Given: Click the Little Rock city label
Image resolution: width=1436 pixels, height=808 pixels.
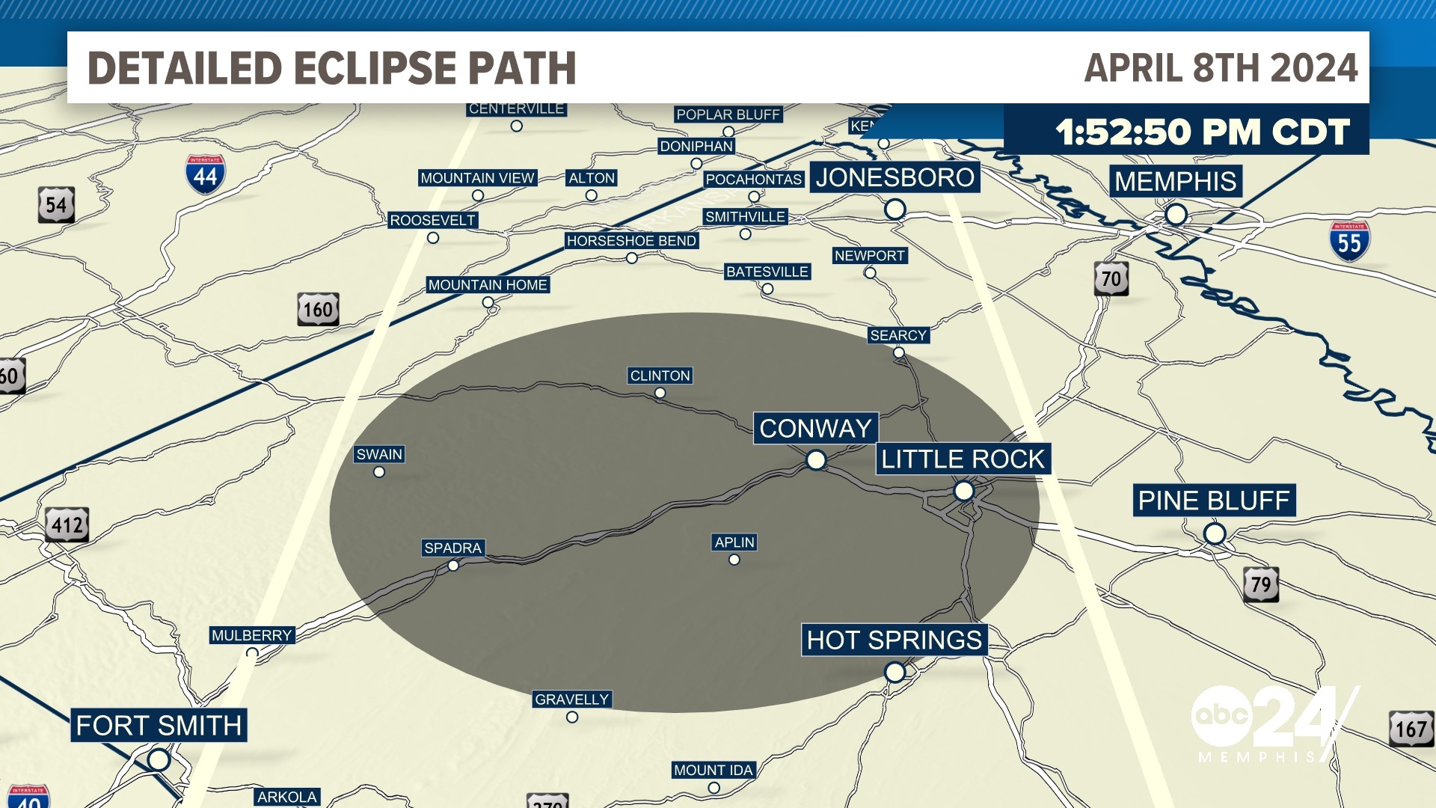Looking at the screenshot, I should pos(963,459).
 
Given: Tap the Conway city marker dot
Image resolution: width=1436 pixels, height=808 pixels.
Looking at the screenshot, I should pos(816,459).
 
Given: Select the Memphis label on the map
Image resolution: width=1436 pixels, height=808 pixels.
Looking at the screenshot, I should pos(1176,181).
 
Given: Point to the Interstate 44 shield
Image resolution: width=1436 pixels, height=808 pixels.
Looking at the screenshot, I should pos(205,175).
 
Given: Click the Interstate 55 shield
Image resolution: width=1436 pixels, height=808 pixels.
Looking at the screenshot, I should pos(1349,241).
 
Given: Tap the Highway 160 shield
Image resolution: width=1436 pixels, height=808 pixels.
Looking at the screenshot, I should pos(318,309).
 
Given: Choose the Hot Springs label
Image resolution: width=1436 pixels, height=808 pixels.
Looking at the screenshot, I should pos(895,640).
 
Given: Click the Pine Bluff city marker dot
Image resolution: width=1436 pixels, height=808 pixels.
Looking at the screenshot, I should pos(1215,534).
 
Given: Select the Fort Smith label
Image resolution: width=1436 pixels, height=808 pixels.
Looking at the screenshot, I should pos(159,726).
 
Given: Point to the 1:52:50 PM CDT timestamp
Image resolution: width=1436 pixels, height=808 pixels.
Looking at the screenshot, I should pos(1203,132).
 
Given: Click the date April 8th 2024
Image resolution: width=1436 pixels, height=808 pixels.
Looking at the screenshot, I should pos(1221,68).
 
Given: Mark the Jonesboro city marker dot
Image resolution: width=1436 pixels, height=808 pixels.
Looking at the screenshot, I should pos(895,209).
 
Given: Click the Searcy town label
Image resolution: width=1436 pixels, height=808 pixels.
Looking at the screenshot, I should pos(898,335).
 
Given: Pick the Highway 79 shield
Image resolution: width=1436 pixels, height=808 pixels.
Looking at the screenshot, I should pos(1261,584).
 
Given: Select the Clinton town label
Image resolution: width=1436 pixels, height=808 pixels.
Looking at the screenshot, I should pos(660,376).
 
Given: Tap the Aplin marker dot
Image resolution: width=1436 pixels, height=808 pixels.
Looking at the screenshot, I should pos(734,560).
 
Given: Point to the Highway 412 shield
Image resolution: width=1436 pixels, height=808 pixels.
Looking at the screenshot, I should pos(67,524).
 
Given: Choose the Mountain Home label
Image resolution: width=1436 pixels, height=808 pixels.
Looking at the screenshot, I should pos(488,285).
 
